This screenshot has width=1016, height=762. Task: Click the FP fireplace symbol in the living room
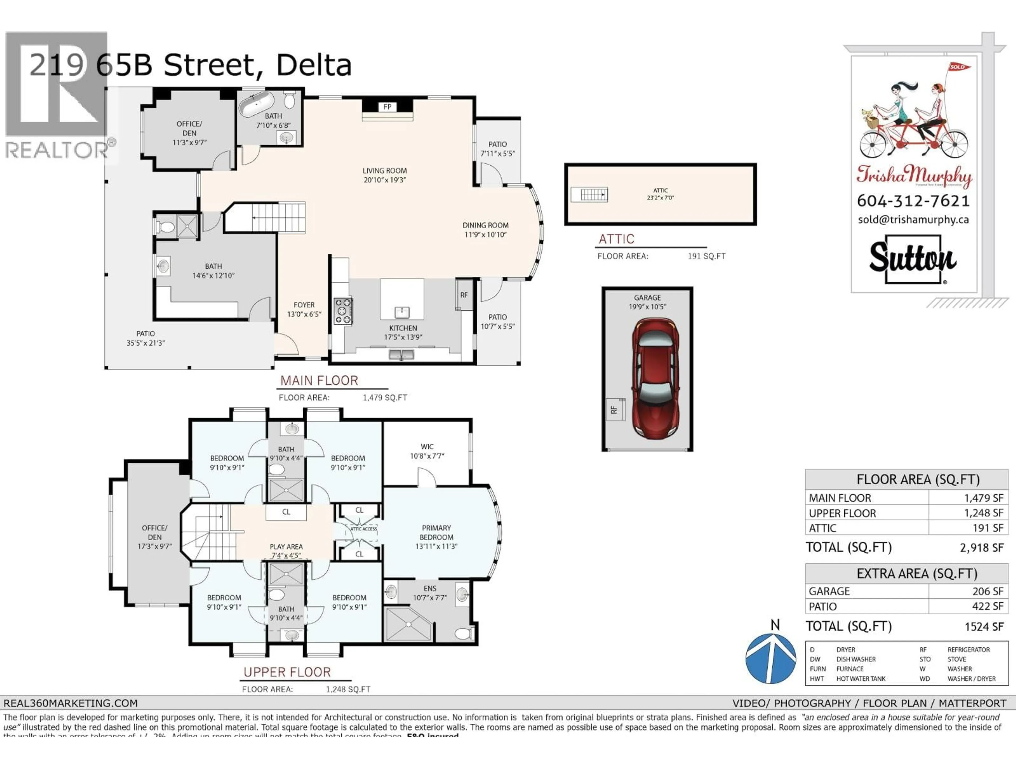pos(387,107)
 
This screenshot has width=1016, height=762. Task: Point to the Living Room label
pos(384,170)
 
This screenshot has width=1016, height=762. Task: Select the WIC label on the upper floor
pos(427,446)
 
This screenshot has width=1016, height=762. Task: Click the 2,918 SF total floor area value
pos(981,547)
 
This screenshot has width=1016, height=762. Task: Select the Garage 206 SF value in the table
pos(987,591)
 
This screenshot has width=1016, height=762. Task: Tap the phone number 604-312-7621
pos(913,201)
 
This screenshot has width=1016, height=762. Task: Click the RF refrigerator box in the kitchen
pos(464,295)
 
